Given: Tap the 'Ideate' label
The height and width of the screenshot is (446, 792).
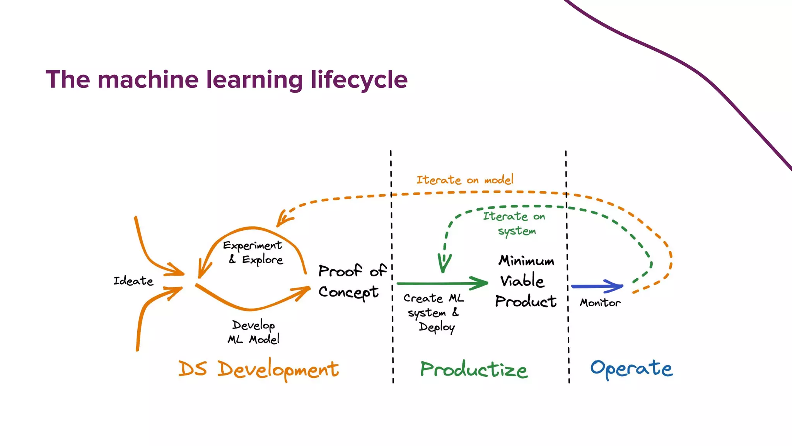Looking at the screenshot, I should (133, 281).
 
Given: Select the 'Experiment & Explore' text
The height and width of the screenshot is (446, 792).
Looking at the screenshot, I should (253, 252).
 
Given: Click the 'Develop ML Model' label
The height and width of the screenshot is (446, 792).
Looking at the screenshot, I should (253, 332).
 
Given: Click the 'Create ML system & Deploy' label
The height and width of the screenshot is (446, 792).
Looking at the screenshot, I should (433, 312).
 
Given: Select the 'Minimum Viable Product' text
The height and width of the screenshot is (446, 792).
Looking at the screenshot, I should (526, 281).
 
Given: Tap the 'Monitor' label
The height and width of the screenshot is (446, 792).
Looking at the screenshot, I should (600, 303).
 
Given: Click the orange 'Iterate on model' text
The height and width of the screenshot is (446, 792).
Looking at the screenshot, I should (465, 180).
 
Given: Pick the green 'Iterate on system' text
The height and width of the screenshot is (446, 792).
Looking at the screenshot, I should (514, 223).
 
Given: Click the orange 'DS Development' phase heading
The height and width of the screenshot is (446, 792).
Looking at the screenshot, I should (258, 369).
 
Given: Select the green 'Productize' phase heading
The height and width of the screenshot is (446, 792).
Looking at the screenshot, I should (474, 369).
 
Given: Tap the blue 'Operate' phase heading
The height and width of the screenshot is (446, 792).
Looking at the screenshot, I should (632, 369).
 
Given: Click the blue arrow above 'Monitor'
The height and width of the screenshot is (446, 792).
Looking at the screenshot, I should (597, 286).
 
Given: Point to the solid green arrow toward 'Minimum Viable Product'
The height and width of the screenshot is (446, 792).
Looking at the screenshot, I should (441, 283).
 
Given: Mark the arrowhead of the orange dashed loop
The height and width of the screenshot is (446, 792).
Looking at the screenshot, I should (283, 219).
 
